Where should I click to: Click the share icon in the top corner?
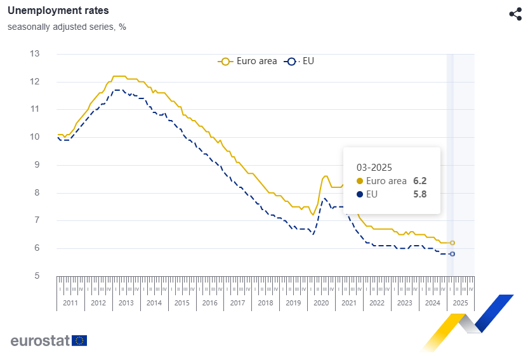[515, 14]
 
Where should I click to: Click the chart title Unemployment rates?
[58, 11]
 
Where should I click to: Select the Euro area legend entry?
[248, 62]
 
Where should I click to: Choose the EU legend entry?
[301, 62]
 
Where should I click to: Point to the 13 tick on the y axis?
[35, 54]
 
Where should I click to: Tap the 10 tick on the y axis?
[35, 137]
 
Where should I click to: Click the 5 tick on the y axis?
[37, 276]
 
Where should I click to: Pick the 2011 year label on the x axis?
[70, 303]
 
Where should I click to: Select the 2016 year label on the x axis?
[209, 303]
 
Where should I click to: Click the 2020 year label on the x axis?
[321, 303]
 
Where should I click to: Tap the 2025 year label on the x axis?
[460, 303]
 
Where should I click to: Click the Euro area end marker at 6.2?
[452, 243]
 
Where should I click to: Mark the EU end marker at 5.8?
[452, 254]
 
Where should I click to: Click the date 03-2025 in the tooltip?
[374, 168]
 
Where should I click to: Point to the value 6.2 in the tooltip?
[419, 181]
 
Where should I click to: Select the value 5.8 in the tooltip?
[419, 194]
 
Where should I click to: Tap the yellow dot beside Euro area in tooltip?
[360, 181]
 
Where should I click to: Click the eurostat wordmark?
[39, 340]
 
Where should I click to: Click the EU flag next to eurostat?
[79, 340]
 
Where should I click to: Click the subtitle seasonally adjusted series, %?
[67, 27]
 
